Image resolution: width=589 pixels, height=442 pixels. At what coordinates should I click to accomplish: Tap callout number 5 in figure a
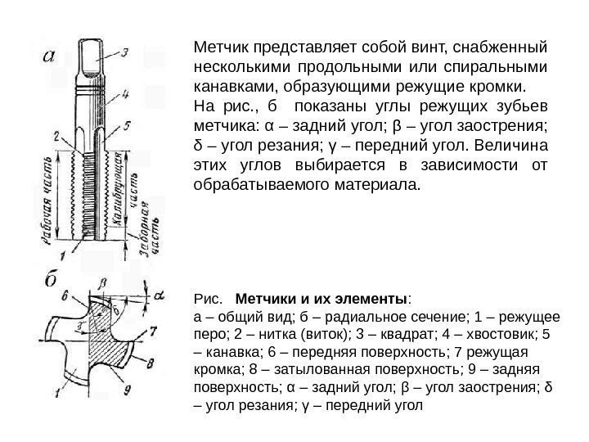pyautogui.click(x=127, y=127)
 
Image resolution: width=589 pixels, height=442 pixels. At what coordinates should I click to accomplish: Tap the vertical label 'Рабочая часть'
pyautogui.click(x=48, y=196)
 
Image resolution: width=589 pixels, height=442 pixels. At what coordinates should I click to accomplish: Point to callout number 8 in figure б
pyautogui.click(x=151, y=361)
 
